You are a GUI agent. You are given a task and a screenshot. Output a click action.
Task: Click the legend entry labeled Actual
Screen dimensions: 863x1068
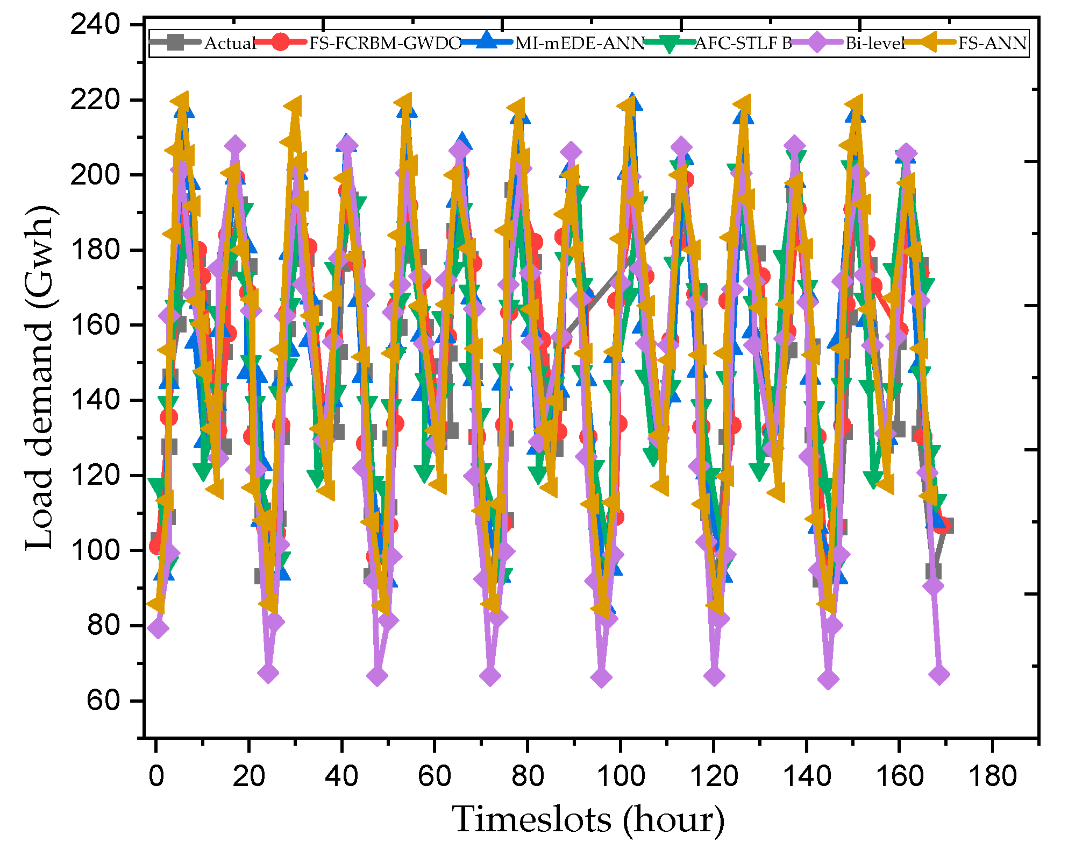230,43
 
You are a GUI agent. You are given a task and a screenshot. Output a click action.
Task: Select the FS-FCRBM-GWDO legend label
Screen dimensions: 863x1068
385,43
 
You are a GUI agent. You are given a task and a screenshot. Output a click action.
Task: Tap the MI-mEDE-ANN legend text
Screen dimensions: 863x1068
580,43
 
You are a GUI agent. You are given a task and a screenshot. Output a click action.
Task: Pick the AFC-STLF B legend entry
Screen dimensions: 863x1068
743,43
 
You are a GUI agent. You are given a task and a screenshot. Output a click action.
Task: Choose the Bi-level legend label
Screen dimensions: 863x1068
875,43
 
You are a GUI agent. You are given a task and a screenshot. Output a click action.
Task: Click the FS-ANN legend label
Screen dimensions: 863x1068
992,43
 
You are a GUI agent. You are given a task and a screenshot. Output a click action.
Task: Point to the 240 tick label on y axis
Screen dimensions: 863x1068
95,25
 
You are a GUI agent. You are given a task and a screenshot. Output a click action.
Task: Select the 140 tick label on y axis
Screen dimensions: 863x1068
95,400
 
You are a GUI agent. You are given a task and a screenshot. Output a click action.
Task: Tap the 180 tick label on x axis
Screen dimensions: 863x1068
992,776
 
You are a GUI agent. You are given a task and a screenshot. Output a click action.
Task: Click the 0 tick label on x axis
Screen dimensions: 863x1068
156,776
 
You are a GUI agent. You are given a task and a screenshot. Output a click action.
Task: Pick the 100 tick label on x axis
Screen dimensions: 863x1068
621,776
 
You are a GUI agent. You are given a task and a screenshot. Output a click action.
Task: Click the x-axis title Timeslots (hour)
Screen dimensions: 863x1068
588,819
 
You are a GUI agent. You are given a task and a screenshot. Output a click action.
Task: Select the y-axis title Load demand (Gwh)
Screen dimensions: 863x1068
40,378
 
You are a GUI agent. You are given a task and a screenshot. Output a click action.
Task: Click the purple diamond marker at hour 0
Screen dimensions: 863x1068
158,628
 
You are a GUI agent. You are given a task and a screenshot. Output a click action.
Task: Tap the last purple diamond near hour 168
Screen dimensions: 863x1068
939,675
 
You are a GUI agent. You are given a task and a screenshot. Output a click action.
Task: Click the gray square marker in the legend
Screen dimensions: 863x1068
175,42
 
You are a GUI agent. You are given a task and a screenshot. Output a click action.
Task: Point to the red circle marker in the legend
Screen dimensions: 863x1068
280,42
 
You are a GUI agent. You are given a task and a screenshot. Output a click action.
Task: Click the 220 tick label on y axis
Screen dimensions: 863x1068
95,100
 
